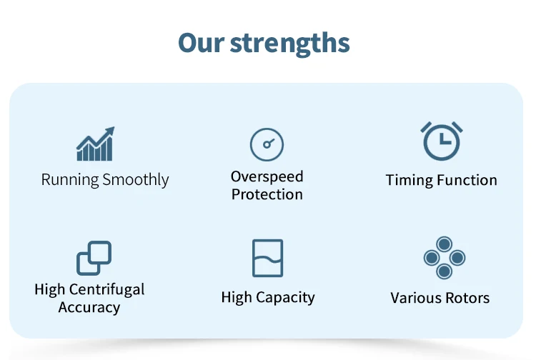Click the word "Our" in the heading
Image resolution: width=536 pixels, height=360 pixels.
pos(201,43)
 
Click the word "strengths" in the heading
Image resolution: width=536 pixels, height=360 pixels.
pos(290,44)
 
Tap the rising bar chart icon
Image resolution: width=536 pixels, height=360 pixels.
pos(95,144)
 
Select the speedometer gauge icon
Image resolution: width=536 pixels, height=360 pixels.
pos(267,144)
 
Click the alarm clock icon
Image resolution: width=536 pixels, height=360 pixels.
pos(442,141)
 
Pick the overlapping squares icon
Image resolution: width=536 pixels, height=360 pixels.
pos(94,258)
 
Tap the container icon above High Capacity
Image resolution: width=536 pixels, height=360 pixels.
pos(268,258)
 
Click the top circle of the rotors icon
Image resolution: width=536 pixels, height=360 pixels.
pos(445,244)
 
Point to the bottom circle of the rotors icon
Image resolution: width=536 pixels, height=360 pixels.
pos(445,271)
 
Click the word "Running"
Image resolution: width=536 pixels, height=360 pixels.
pos(70,180)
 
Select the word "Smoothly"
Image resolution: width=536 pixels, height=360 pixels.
pos(136,180)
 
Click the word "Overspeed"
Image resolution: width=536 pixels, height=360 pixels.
pos(267,177)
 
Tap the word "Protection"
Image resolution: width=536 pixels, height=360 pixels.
pos(267,194)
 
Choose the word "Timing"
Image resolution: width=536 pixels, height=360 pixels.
pos(410,180)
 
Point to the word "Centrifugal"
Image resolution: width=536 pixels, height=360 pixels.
pos(106,289)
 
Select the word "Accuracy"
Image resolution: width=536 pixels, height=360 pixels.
pos(89,307)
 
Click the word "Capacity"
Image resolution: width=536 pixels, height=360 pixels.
pos(285,297)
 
